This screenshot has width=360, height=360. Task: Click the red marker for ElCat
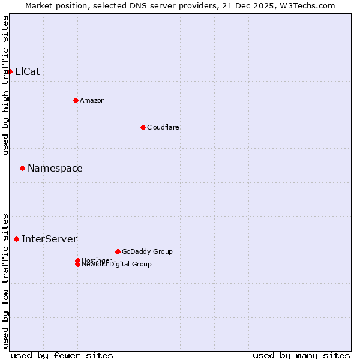pos(10,72)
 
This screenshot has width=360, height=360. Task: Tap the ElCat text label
pos(27,72)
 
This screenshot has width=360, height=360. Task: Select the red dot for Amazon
pos(76,100)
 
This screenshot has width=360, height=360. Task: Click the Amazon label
pos(92,100)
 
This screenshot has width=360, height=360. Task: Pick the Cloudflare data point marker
pos(143,127)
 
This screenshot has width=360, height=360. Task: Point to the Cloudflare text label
pos(163,127)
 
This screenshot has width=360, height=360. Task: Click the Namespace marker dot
pos(22,169)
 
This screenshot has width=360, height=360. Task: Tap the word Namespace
pos(55,169)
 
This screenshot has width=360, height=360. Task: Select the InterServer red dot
pos(16,239)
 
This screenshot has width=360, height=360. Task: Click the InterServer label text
pos(49,239)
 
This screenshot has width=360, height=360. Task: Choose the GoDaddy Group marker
pos(118,251)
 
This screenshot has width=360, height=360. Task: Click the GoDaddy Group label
pos(146,251)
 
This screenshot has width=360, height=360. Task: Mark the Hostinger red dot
pos(77,260)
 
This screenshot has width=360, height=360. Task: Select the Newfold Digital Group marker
pos(77,265)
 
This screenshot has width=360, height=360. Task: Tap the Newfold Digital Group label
pos(116,265)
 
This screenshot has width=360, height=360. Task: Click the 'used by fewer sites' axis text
pos(62,355)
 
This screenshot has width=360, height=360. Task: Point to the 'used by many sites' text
pos(301,355)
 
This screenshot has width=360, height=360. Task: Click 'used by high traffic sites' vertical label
pos(5,85)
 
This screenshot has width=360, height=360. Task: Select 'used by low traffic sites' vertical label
pos(5,280)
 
